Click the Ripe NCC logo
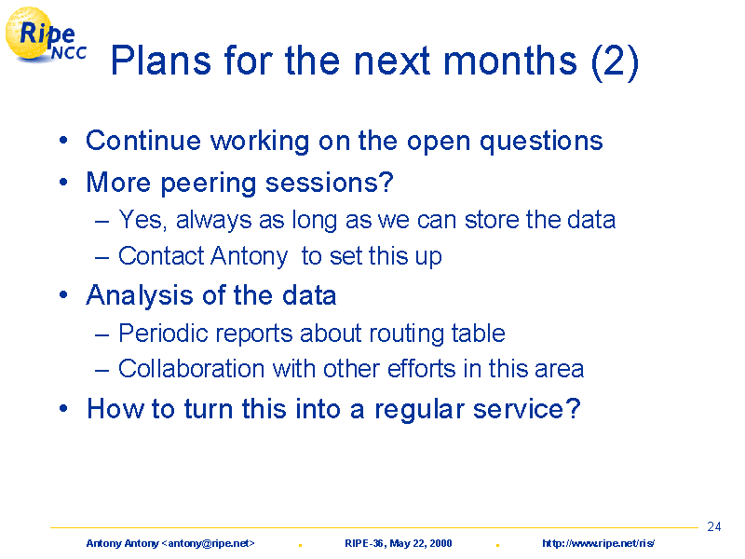point(46,35)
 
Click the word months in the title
point(510,61)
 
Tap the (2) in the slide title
point(616,62)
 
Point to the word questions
point(541,143)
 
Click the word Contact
point(161,255)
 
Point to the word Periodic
point(163,333)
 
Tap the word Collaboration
point(191,368)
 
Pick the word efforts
point(422,368)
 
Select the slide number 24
point(713,526)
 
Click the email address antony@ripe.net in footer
point(208,543)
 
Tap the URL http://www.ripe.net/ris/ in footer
point(598,543)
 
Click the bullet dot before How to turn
point(63,409)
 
